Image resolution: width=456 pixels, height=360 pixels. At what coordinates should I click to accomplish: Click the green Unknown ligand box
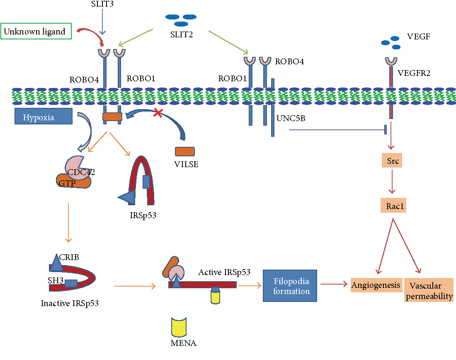36,32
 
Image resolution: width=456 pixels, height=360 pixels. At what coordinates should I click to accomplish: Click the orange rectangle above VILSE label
185,151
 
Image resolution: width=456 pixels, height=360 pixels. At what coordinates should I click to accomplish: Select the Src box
393,161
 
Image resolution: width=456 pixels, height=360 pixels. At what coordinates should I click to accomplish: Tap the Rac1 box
393,205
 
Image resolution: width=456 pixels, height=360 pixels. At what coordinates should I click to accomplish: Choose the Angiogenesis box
376,285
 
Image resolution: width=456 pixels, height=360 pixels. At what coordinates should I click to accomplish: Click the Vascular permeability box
429,290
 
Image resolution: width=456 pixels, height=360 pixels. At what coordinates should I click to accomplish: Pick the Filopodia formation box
290,285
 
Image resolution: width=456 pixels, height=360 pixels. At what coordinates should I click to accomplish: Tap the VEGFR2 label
413,73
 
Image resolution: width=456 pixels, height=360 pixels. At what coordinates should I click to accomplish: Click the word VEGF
418,36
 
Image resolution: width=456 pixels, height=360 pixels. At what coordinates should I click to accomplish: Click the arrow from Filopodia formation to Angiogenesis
333,285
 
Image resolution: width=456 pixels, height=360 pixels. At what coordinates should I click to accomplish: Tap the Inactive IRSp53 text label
70,303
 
